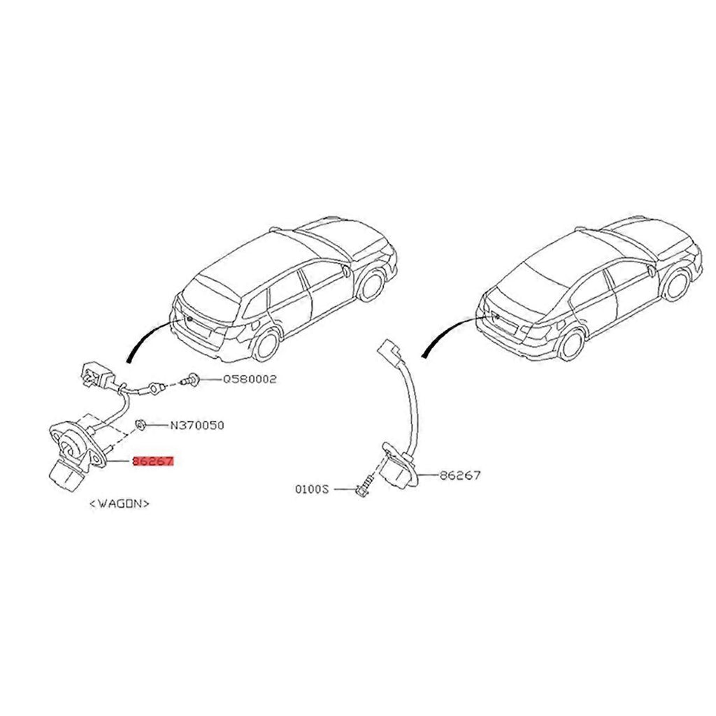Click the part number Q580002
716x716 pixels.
coord(250,380)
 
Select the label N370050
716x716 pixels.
coord(197,425)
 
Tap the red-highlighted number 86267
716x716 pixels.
coord(152,462)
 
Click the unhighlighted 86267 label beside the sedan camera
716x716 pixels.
coord(460,475)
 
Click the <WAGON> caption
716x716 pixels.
coord(120,502)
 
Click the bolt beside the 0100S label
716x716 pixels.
coord(363,488)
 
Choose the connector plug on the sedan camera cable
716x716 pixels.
coord(388,352)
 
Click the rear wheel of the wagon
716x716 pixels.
coord(265,343)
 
